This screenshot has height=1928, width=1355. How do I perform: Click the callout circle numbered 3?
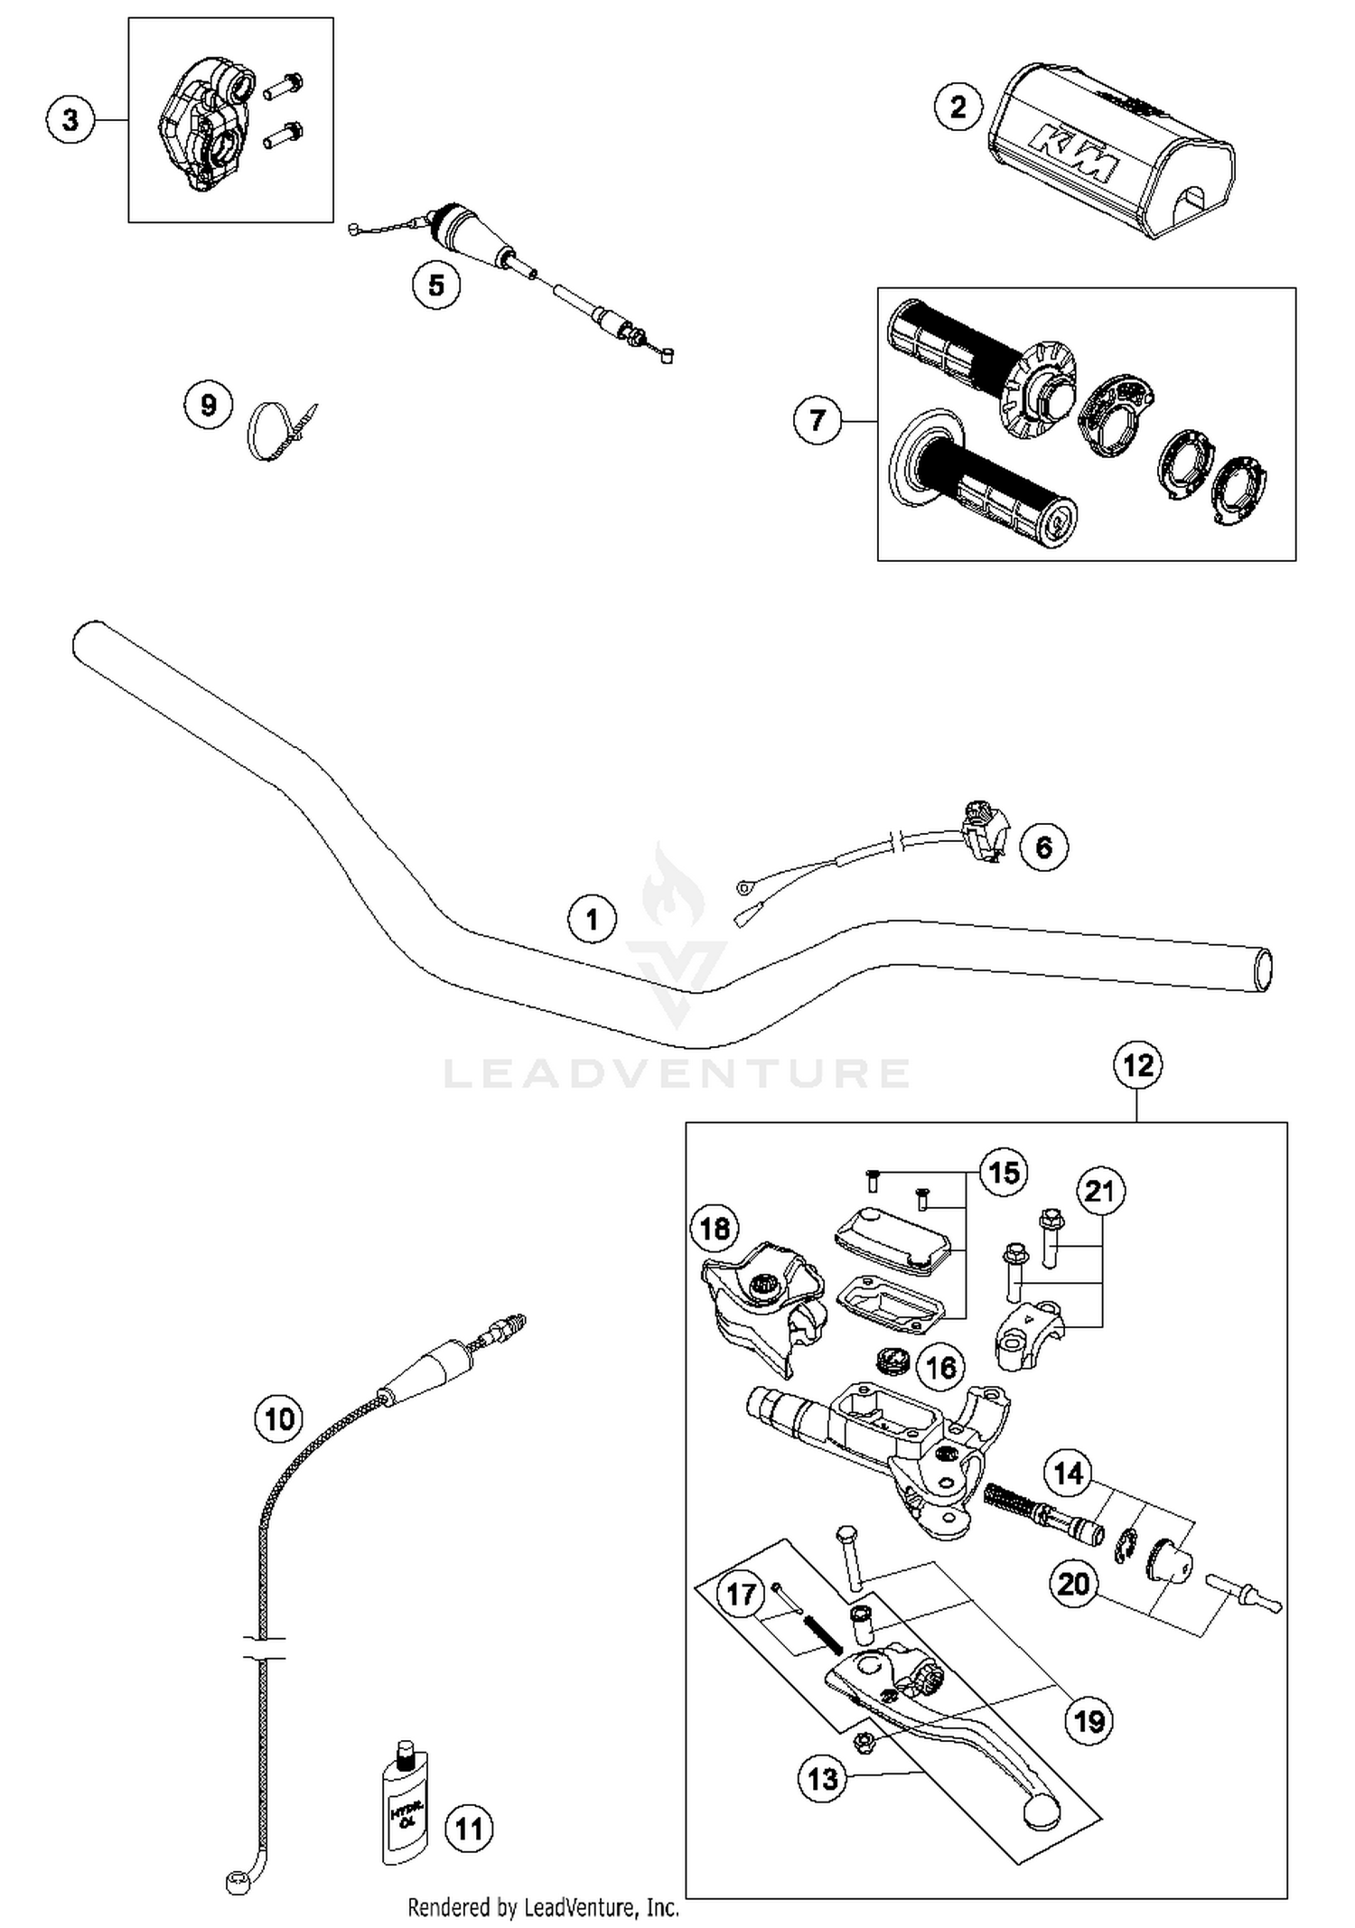click(x=70, y=119)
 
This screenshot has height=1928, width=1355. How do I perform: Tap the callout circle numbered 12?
click(x=1137, y=1065)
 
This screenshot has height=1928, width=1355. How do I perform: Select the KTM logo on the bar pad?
click(x=1076, y=154)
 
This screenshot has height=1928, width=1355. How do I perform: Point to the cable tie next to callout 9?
click(x=276, y=431)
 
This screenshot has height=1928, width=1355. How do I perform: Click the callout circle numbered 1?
click(x=592, y=920)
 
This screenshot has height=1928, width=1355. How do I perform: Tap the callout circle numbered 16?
click(x=940, y=1367)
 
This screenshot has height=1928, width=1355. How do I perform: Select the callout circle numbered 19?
click(x=1089, y=1721)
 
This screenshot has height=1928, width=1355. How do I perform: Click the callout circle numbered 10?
click(x=278, y=1418)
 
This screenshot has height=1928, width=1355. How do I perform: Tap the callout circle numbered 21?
click(x=1099, y=1192)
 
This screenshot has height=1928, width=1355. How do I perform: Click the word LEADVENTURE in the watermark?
click(x=677, y=1073)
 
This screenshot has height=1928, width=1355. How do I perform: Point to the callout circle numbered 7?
click(x=818, y=420)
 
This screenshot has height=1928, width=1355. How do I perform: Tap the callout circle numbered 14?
click(x=1068, y=1474)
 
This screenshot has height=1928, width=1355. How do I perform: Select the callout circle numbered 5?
click(x=436, y=285)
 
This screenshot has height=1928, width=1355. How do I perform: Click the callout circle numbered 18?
click(x=715, y=1228)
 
